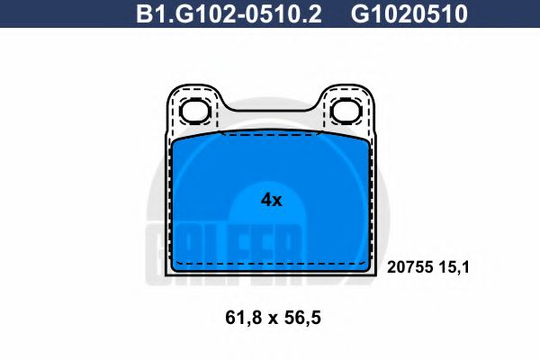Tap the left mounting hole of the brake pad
(195, 111)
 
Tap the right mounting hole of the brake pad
(344, 111)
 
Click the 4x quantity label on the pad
(270, 200)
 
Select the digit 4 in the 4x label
(265, 200)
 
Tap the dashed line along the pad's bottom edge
(270, 264)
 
